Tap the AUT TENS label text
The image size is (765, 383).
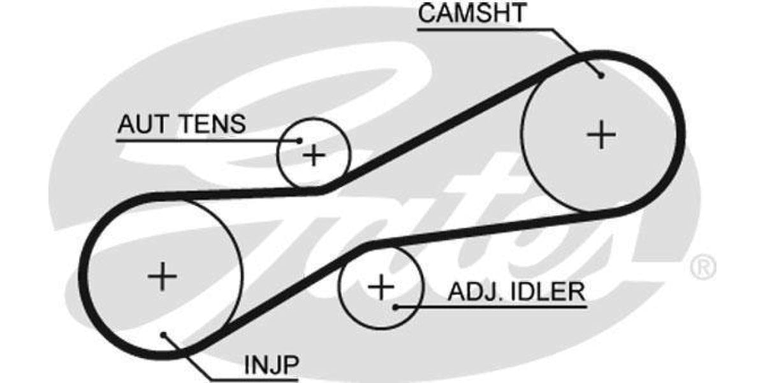click(182, 124)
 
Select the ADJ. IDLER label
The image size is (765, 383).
click(516, 292)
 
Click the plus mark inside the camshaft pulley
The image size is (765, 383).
click(601, 135)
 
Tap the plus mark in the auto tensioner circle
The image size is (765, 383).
click(314, 155)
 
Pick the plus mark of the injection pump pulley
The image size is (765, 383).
click(162, 276)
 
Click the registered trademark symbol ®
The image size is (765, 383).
click(703, 267)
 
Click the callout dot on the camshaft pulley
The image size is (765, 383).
click(602, 75)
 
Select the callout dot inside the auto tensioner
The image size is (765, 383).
click(300, 140)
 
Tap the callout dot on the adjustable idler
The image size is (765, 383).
click(396, 307)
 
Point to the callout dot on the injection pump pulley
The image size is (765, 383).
click(163, 334)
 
